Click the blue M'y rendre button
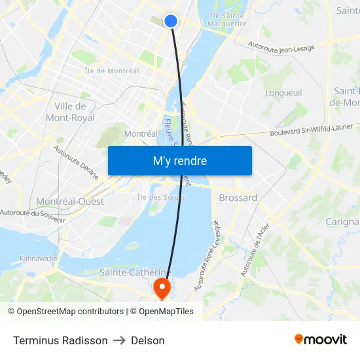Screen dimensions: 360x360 [179, 161]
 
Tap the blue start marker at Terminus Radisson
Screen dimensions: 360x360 [170, 21]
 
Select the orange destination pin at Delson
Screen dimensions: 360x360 [161, 287]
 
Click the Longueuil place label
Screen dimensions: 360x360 [284, 93]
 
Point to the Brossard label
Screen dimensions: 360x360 [238, 198]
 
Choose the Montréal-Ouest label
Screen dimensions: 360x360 [69, 202]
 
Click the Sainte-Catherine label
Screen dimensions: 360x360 [134, 272]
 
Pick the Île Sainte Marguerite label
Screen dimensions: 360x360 [226, 19]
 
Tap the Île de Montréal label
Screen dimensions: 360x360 [111, 71]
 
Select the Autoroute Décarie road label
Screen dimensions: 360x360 [77, 162]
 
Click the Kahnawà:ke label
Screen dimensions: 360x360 [39, 258]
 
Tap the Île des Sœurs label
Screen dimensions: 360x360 [161, 196]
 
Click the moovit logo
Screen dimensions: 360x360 [320, 340]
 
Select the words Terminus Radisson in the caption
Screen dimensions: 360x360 [60, 340]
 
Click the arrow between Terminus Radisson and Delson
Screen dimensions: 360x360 [119, 340]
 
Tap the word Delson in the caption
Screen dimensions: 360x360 [148, 340]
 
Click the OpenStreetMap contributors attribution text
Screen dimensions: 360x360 [65, 312]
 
